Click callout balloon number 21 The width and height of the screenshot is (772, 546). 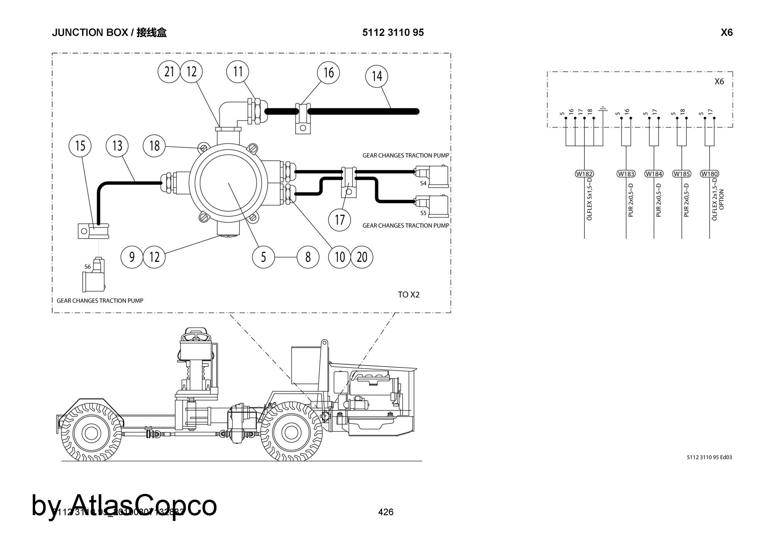[x=169, y=72]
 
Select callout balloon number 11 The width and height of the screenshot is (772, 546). [x=238, y=72]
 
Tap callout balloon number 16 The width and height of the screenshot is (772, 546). [x=328, y=73]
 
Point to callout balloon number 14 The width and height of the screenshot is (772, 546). [x=377, y=76]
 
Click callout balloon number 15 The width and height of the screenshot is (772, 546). [x=80, y=146]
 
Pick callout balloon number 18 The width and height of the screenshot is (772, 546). [x=154, y=146]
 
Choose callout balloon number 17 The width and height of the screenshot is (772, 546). [x=340, y=220]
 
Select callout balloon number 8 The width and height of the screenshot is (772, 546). [x=308, y=257]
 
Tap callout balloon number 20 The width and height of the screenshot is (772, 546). [x=362, y=257]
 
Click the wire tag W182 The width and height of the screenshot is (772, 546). [x=584, y=174]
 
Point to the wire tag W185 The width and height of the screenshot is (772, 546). [x=682, y=174]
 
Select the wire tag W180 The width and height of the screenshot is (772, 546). [x=709, y=174]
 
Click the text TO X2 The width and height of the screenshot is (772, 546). [x=409, y=295]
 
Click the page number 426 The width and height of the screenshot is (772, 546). [x=386, y=512]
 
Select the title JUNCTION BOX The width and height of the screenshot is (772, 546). [x=90, y=32]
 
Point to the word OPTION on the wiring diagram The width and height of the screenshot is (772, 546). [x=722, y=199]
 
